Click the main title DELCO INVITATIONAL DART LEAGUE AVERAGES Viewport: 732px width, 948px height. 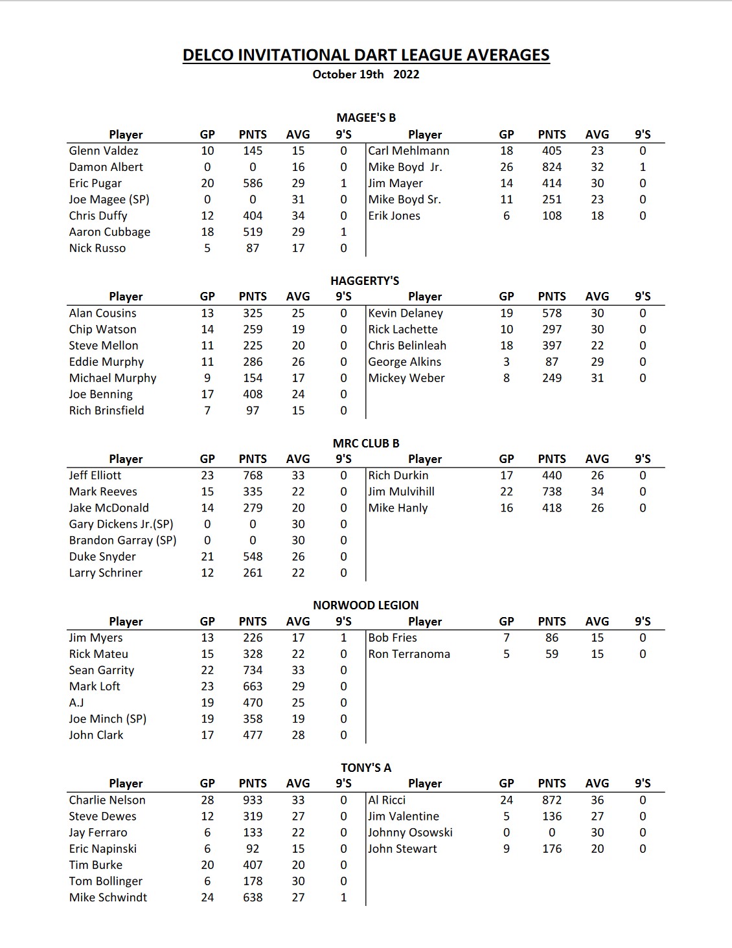point(366,55)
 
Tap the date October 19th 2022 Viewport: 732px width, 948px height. point(366,74)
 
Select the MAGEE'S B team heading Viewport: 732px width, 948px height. point(366,118)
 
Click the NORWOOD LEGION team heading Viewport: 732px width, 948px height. point(366,605)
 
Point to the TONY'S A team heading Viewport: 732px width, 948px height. point(366,768)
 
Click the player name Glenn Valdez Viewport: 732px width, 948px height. point(104,151)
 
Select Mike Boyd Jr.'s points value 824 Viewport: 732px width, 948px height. point(552,167)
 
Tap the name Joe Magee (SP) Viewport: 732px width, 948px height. point(109,199)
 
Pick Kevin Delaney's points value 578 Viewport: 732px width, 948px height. point(552,313)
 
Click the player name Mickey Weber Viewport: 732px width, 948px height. point(407,378)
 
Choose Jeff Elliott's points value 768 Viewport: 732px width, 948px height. point(253,475)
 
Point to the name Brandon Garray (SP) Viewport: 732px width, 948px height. point(122,541)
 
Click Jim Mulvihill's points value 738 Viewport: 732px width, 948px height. point(552,492)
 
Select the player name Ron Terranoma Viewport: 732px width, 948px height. point(409,654)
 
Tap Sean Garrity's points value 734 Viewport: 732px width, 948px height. point(253,670)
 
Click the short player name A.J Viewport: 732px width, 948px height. point(76,703)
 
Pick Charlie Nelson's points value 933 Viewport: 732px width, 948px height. point(253,800)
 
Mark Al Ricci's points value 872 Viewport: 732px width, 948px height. point(552,800)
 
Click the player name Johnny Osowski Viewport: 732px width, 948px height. point(411,833)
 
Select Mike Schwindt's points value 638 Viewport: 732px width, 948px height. point(253,897)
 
